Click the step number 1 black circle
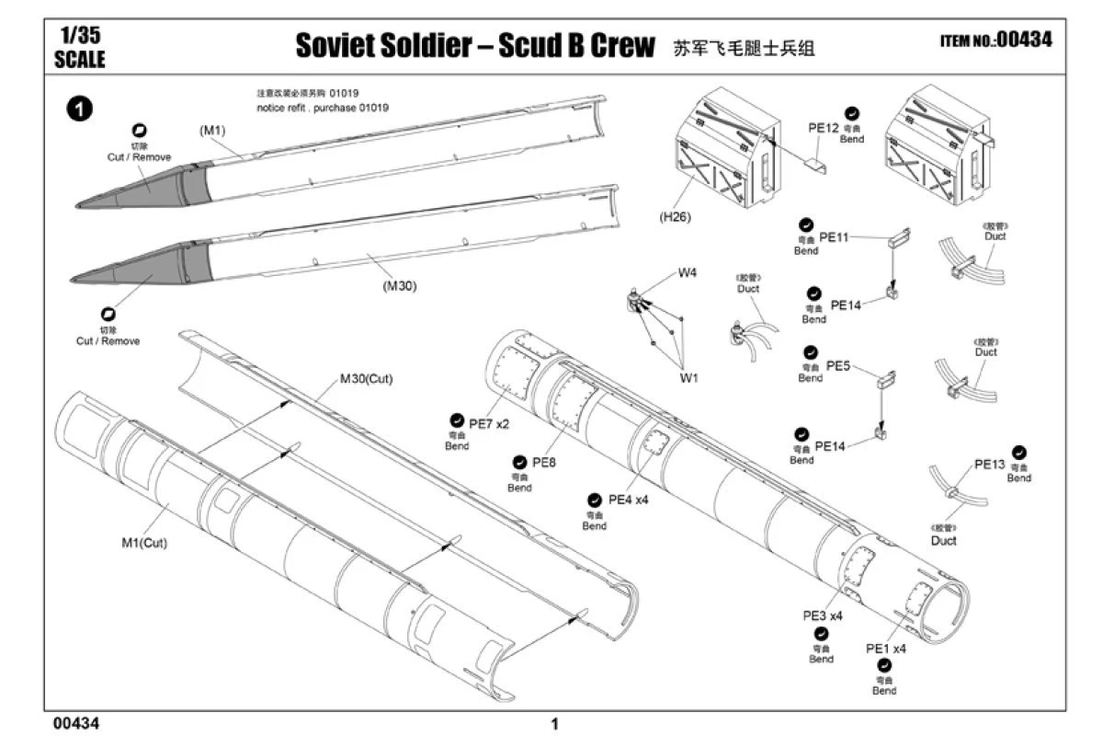[x=81, y=109]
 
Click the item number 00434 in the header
[x=1022, y=40]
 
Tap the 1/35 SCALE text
[x=80, y=49]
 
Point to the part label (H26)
[x=675, y=218]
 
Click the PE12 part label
[x=824, y=128]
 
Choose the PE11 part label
[x=834, y=237]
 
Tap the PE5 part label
[x=837, y=365]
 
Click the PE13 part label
[x=990, y=465]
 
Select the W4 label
[x=688, y=272]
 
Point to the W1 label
[x=688, y=377]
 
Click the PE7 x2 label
[x=489, y=423]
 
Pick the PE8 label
[x=544, y=462]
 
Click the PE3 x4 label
[x=823, y=615]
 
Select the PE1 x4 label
[x=886, y=648]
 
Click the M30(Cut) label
[x=366, y=379]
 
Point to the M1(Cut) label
[x=144, y=542]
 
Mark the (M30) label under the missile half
[x=401, y=285]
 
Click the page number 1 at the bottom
[x=554, y=724]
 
